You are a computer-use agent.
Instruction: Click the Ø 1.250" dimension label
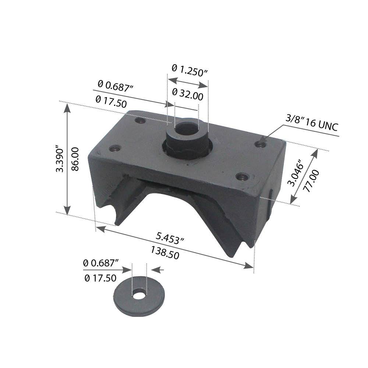click(x=190, y=70)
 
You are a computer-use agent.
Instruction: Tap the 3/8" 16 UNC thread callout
click(x=311, y=124)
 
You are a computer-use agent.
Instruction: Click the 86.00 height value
click(x=75, y=159)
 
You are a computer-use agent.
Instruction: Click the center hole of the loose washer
click(x=139, y=294)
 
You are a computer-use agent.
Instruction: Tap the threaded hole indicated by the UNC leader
click(x=262, y=145)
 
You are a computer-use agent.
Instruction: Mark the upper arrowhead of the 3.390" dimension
click(x=67, y=107)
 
